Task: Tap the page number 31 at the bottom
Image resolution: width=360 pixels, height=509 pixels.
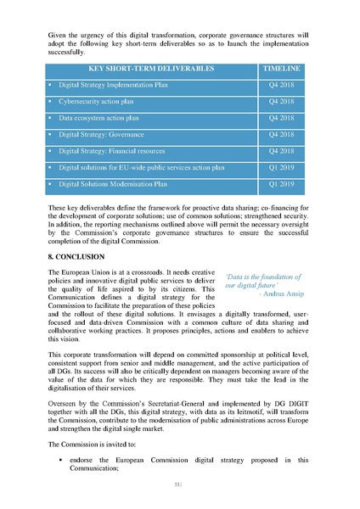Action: tap(178, 485)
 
